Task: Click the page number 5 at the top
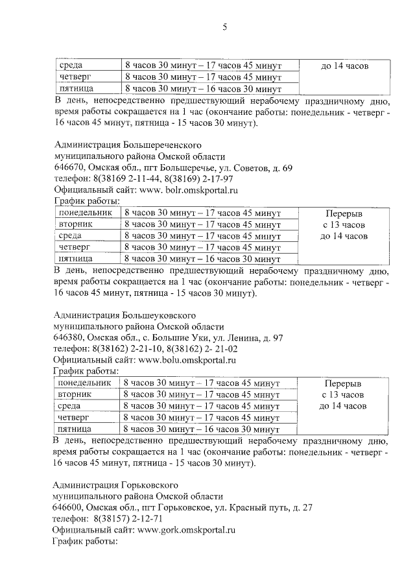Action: click(x=224, y=27)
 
